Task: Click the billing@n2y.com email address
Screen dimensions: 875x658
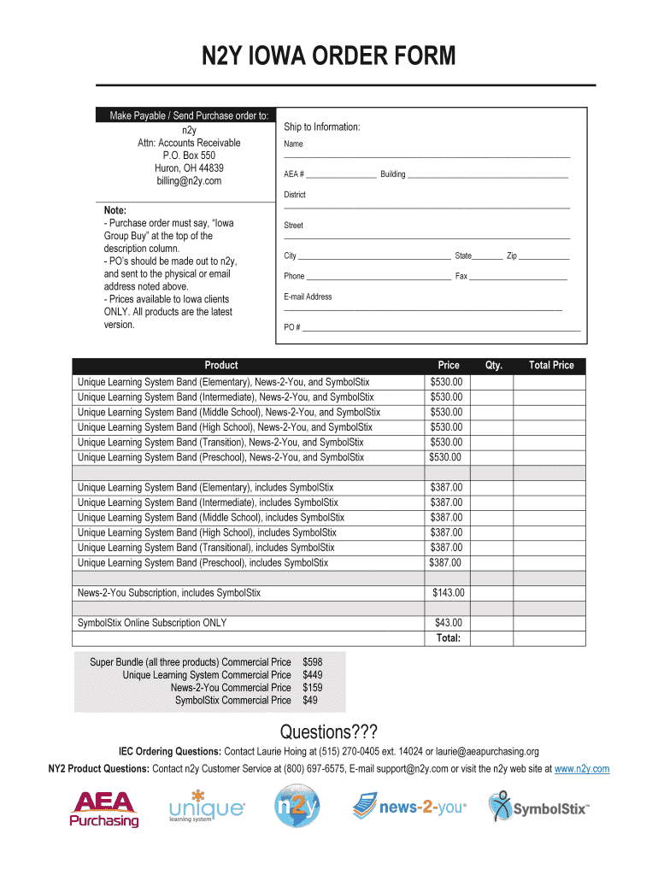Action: (189, 181)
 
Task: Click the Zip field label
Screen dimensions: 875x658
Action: (512, 256)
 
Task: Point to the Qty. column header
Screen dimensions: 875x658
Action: (493, 366)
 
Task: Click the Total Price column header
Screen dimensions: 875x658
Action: (551, 366)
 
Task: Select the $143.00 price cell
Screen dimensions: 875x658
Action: (448, 593)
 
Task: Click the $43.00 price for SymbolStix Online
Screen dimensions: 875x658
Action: (448, 623)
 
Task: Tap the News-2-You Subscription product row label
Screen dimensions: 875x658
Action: (169, 593)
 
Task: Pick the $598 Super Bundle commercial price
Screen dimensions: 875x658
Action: (313, 662)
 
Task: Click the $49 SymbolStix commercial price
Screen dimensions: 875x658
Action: (310, 701)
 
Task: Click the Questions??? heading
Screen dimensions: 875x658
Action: (328, 733)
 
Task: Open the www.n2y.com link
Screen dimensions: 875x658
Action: (582, 769)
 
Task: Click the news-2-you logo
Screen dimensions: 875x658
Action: (410, 807)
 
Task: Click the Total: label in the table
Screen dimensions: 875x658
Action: (448, 638)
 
